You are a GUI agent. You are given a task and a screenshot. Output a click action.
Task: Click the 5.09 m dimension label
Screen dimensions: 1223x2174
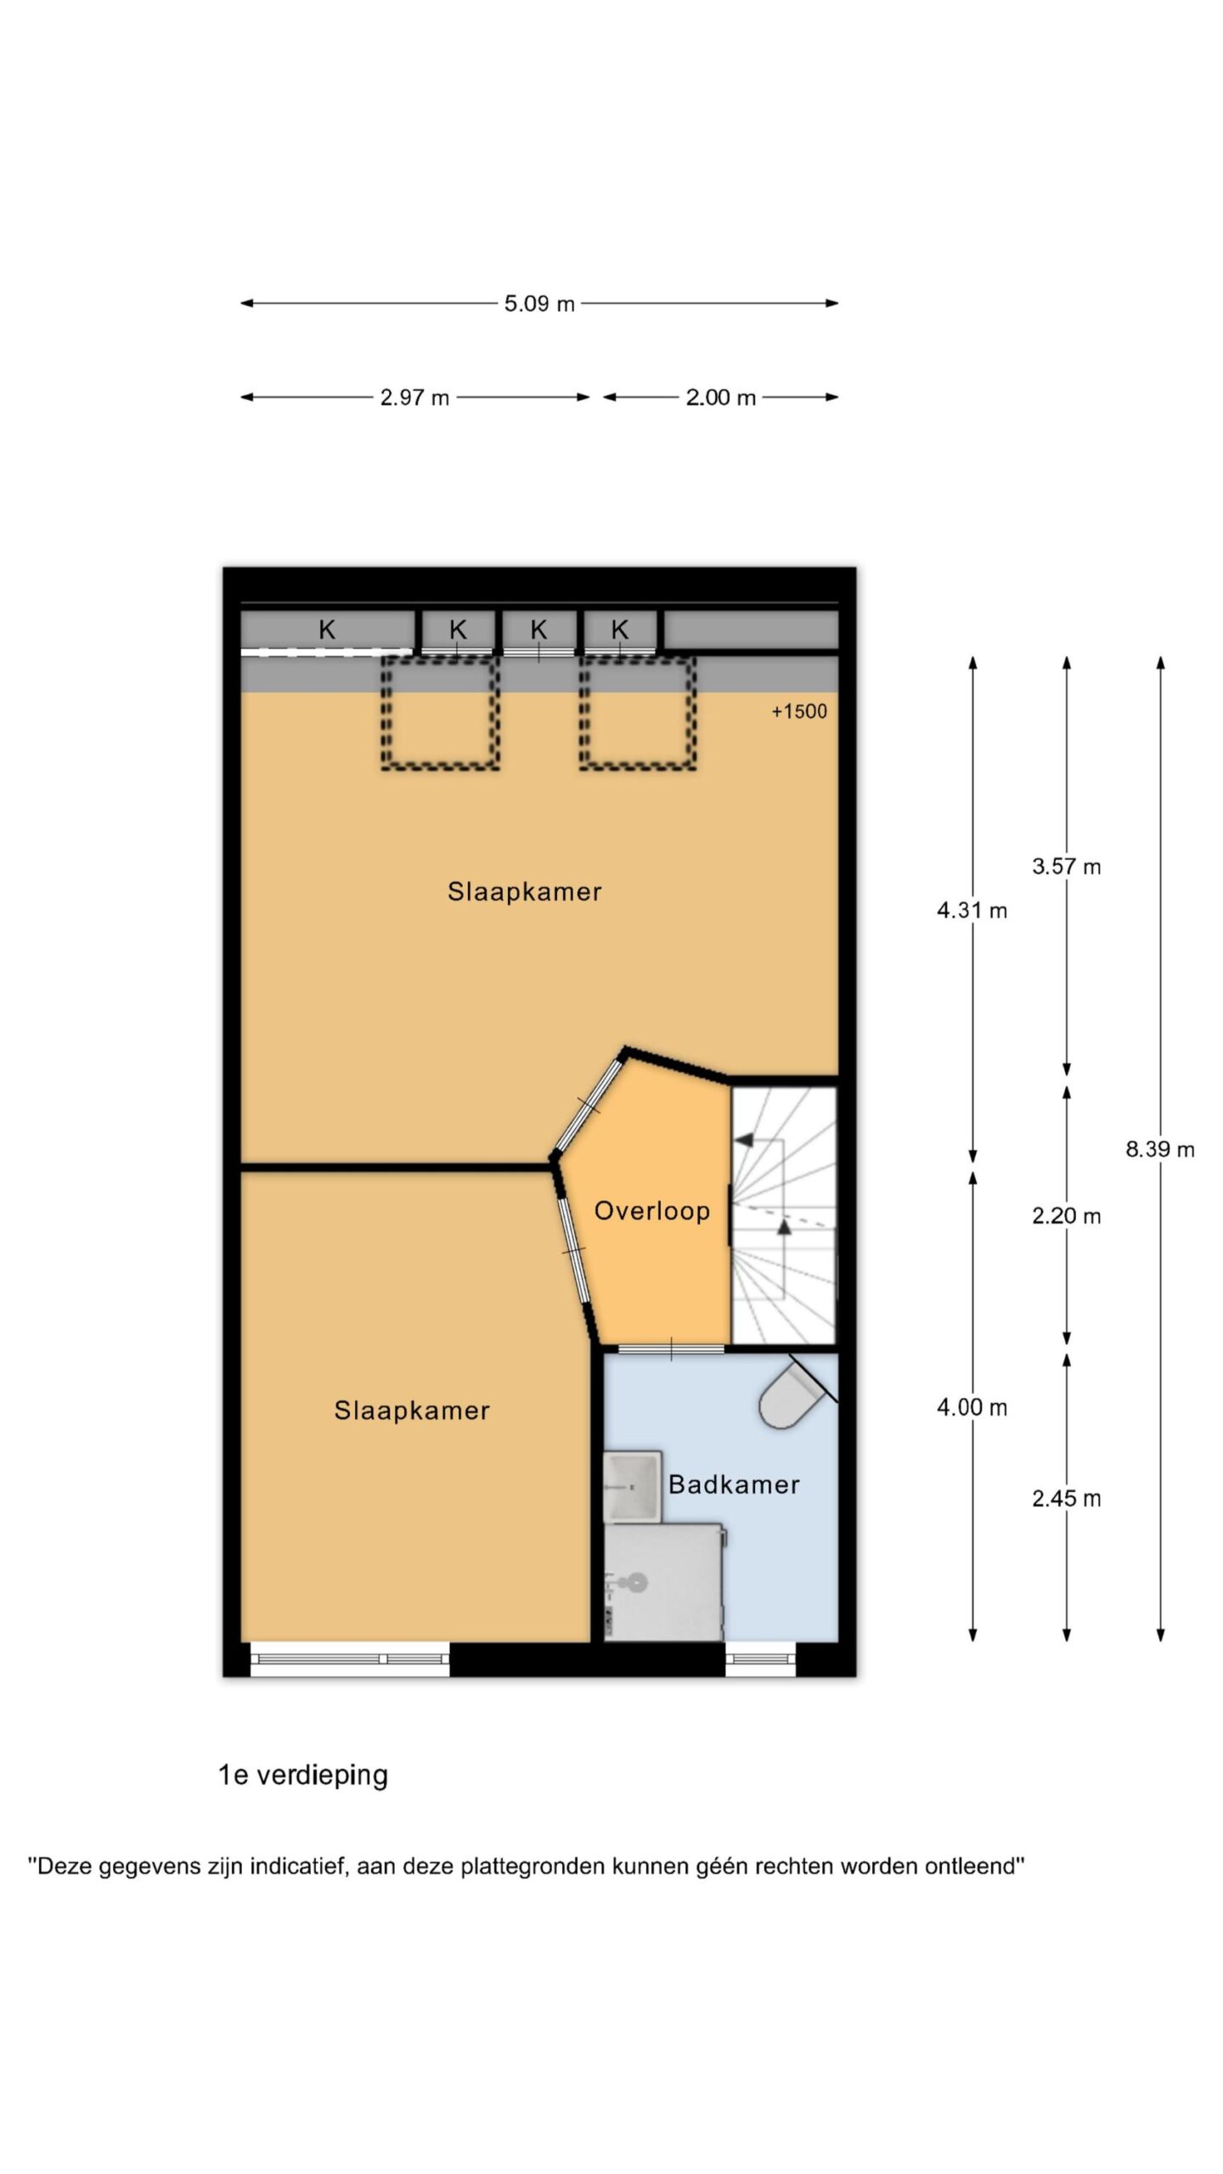click(539, 303)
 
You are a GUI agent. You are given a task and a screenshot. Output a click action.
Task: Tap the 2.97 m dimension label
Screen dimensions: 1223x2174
click(414, 397)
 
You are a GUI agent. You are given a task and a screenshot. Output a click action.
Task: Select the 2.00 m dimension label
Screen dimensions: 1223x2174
click(720, 397)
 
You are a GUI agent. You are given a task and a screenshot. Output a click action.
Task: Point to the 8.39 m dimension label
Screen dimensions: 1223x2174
click(1160, 1149)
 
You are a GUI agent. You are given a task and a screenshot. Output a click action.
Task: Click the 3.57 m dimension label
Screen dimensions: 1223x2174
click(1067, 866)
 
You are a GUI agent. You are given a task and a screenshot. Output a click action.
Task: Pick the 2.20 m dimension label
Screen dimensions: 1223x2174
click(1067, 1216)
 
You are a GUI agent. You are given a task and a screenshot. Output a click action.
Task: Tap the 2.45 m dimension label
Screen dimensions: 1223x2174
click(1067, 1498)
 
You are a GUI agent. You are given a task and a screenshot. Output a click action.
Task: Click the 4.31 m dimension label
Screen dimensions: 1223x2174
click(972, 910)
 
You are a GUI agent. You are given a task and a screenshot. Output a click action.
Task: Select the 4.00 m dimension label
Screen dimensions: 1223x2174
click(972, 1407)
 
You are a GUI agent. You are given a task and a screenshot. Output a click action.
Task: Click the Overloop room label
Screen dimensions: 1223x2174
click(651, 1211)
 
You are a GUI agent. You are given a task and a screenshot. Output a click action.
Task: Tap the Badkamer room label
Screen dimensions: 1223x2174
click(734, 1484)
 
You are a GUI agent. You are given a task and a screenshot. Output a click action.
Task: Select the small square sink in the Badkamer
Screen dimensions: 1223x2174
click(632, 1486)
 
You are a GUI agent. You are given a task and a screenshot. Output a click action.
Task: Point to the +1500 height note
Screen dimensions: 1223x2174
click(799, 712)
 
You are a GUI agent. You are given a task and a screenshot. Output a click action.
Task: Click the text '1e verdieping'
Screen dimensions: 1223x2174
click(303, 1775)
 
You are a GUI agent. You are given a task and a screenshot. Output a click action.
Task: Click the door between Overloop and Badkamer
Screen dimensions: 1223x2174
click(671, 1349)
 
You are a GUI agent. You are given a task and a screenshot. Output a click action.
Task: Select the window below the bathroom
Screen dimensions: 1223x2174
click(760, 1659)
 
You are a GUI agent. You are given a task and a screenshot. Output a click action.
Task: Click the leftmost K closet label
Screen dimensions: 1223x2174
click(327, 630)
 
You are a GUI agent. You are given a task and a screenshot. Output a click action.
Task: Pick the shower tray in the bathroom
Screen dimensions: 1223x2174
click(663, 1581)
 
